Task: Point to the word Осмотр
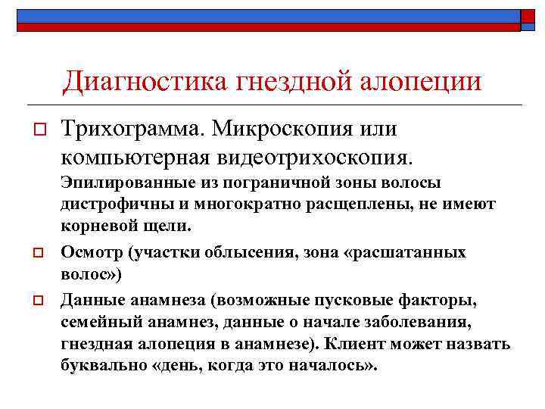(x=86, y=252)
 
